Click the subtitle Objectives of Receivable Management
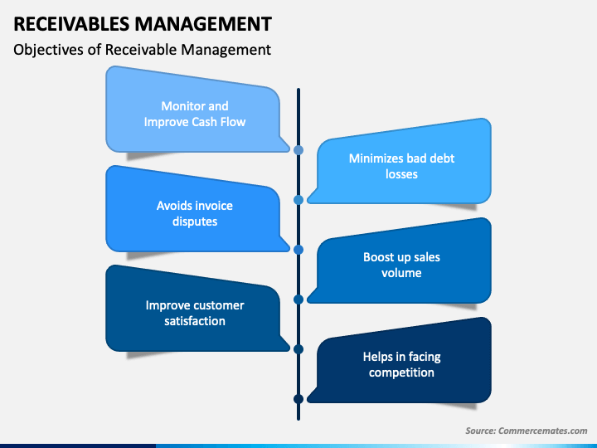[142, 50]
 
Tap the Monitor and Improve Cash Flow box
[195, 114]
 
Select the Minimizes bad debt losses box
[401, 166]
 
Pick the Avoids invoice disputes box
[195, 213]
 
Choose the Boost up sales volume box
[401, 265]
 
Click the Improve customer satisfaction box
[195, 313]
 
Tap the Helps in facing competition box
[401, 364]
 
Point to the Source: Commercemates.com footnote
[526, 431]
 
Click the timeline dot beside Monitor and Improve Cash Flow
[298, 150]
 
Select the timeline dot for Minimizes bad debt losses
[298, 200]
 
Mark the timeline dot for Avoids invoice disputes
[298, 249]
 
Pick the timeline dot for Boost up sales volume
[298, 299]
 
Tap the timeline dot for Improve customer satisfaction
[298, 349]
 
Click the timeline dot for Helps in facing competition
[298, 399]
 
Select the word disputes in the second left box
[195, 222]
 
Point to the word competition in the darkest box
[401, 373]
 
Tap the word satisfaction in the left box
[195, 321]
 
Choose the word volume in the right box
[401, 273]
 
